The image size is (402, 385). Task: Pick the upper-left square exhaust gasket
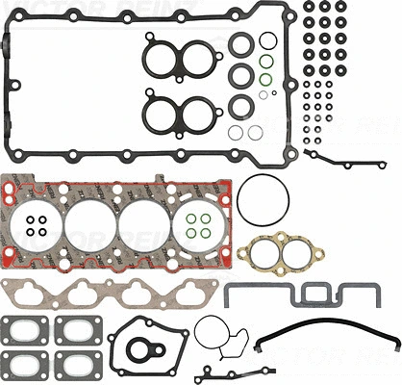click(26, 331)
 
